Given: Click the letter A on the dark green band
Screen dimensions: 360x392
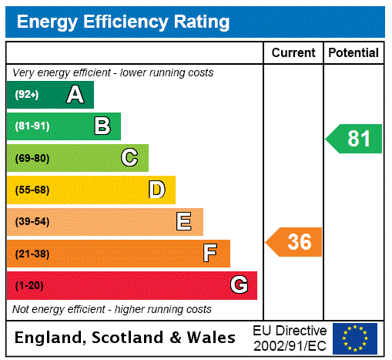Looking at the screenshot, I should (75, 95).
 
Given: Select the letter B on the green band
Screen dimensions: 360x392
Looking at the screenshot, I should (102, 126).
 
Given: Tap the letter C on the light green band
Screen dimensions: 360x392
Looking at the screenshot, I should (129, 158).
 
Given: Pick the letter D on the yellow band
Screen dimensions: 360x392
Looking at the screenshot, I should (156, 190).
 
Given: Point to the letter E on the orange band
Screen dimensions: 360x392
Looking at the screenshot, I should (184, 222).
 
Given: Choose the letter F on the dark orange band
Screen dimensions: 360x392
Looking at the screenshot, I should (210, 253).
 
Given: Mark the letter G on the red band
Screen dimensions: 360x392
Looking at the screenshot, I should (239, 285).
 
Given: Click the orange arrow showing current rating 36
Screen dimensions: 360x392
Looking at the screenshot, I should (295, 242).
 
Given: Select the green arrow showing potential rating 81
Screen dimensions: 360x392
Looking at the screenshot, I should (355, 139).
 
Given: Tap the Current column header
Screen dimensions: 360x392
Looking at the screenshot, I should (293, 53).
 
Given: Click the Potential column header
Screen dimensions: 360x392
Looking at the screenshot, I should (353, 53).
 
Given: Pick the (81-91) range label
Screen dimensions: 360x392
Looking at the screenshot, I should (32, 126).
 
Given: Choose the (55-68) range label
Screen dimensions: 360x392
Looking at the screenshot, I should (32, 190).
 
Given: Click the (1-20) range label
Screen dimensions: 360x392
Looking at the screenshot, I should (29, 285).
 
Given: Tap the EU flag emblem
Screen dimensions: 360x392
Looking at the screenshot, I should (355, 338).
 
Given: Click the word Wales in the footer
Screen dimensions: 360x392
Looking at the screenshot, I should (214, 338).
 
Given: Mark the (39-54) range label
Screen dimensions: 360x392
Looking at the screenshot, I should (32, 222).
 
